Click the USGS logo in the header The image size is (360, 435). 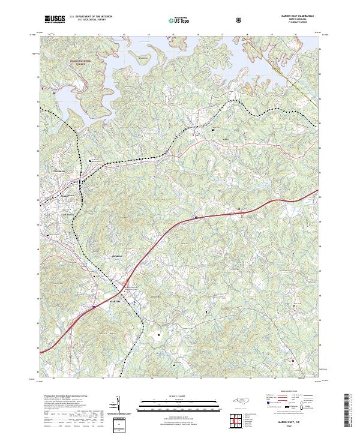point(55,20)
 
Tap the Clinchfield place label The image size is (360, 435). point(55,171)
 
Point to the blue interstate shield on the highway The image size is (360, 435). point(196,217)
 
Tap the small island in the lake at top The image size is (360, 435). point(142,59)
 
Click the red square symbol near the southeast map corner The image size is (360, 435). point(292,360)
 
